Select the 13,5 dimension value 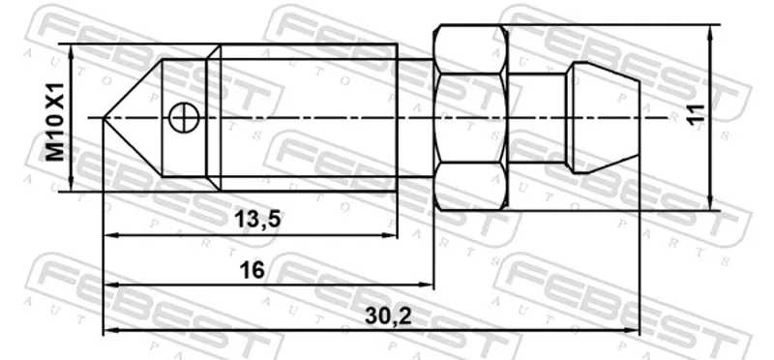click(x=256, y=219)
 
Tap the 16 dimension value click(x=252, y=270)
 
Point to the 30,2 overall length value click(x=388, y=316)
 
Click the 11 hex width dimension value click(x=696, y=114)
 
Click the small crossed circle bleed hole click(x=183, y=118)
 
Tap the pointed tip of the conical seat click(x=104, y=117)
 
